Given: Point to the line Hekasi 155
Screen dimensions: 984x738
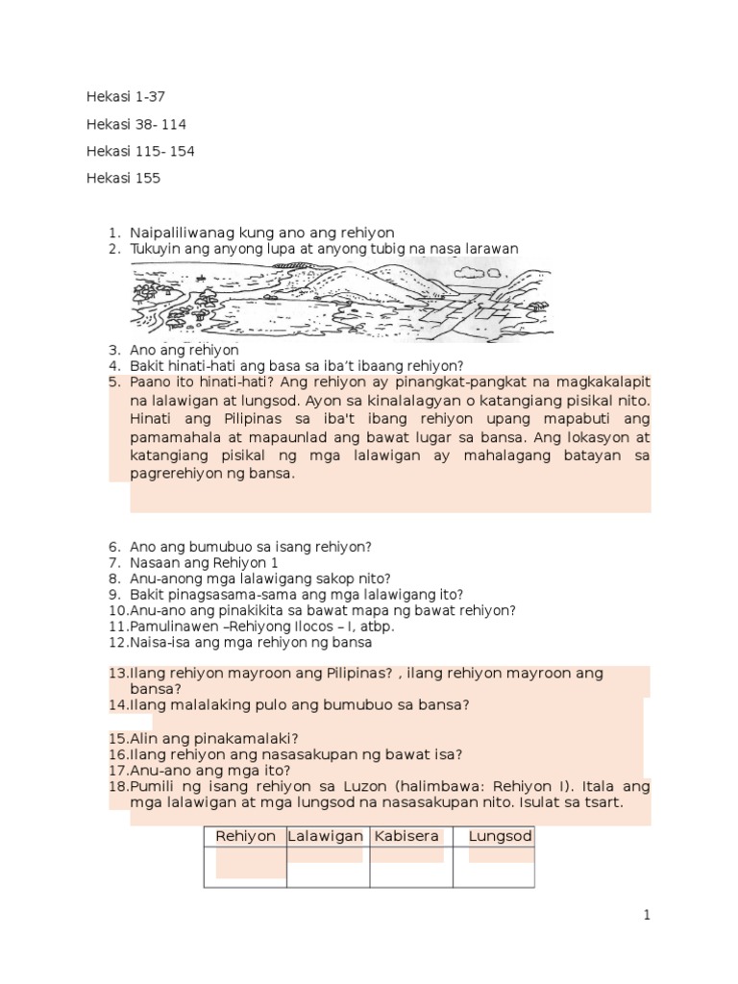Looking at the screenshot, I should [x=123, y=178].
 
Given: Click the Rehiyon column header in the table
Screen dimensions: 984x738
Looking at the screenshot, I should [x=245, y=836].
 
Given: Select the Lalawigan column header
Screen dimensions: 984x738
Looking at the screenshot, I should [x=327, y=836].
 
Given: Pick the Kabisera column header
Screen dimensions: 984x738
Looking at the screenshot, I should [x=406, y=836].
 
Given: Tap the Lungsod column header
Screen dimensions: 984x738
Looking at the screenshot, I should [x=500, y=836].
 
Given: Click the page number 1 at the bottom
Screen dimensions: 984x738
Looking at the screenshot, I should [x=648, y=915].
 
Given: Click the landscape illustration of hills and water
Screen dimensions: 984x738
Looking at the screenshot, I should [x=341, y=299].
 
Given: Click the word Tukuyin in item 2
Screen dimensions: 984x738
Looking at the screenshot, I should [x=154, y=249].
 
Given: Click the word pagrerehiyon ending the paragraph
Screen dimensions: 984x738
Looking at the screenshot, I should [x=179, y=474].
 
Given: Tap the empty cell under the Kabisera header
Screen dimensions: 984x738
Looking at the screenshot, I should [x=410, y=869].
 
